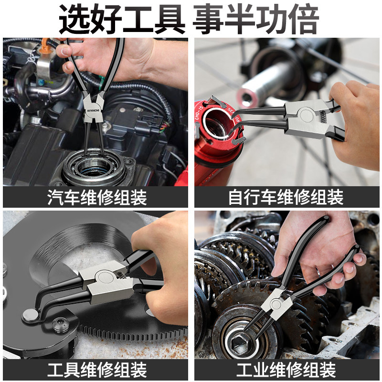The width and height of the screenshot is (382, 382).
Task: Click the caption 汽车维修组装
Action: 97,197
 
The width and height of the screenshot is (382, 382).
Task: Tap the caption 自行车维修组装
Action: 286,197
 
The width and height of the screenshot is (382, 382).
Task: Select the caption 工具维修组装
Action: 97,370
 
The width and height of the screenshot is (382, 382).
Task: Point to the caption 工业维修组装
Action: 286,370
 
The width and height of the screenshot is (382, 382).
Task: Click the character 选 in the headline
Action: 74,19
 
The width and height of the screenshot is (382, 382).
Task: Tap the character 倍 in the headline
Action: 304,19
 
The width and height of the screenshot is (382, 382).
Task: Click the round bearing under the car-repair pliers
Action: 94,166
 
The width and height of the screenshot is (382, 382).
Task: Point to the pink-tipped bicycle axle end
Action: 246,97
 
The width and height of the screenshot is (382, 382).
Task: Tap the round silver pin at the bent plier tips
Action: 31,316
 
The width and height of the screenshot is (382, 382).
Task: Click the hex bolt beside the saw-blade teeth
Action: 61,324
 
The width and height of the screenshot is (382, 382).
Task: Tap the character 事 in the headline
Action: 208,19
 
